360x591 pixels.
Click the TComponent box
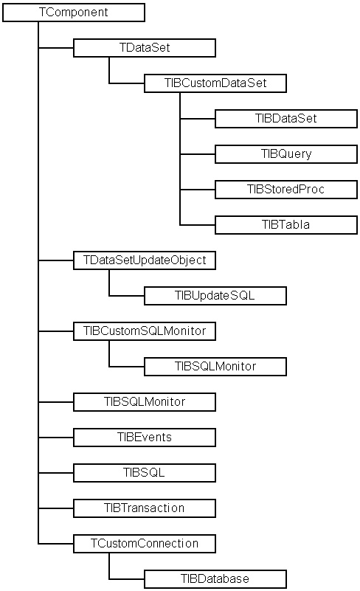click(x=74, y=13)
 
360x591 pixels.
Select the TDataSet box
click(x=145, y=48)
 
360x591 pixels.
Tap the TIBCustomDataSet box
click(x=215, y=83)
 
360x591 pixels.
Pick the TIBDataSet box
click(x=286, y=119)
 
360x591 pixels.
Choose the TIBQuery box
click(x=286, y=154)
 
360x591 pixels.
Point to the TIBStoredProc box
click(x=286, y=190)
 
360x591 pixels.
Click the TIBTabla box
click(x=286, y=225)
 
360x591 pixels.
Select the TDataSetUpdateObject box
click(x=145, y=260)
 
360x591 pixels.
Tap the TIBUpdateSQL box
click(x=215, y=296)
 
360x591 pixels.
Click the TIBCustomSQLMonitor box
click(x=145, y=331)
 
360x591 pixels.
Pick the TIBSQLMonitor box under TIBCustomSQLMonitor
click(x=215, y=367)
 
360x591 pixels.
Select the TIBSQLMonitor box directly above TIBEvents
click(x=145, y=402)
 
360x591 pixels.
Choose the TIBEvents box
click(x=145, y=438)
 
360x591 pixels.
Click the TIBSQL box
click(x=145, y=473)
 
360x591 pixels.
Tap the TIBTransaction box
click(x=145, y=508)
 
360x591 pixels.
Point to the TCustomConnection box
click(x=145, y=544)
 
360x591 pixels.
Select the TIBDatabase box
click(x=215, y=579)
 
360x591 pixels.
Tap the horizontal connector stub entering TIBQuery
click(x=198, y=154)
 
